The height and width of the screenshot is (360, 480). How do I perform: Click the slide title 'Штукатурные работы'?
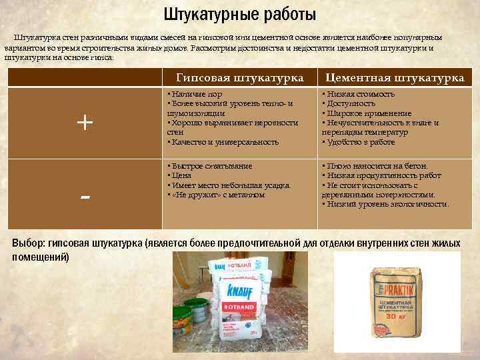click(x=240, y=15)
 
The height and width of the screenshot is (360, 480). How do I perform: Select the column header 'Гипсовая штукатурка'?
click(x=239, y=78)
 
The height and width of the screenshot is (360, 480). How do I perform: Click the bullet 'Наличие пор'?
click(x=196, y=95)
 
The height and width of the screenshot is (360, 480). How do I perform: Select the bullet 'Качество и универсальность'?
click(x=223, y=142)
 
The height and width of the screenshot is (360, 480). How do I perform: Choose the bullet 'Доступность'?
click(x=349, y=104)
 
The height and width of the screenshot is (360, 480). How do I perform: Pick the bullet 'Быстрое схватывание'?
click(x=210, y=165)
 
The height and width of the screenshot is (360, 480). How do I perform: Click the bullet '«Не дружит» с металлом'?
click(x=216, y=195)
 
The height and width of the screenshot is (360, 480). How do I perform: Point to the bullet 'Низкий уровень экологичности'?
click(x=387, y=204)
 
